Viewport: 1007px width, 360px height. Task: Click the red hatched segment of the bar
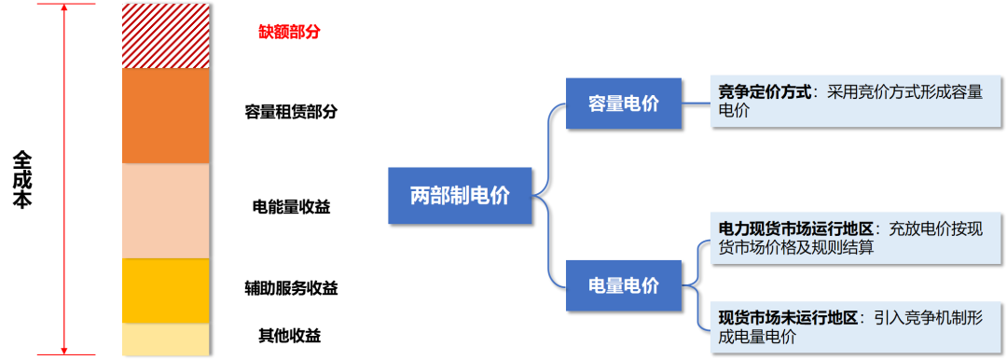click(x=165, y=36)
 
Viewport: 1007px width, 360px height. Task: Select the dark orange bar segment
click(x=165, y=116)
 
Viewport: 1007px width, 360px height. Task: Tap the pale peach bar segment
click(x=165, y=211)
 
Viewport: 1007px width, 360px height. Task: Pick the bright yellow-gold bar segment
click(x=165, y=290)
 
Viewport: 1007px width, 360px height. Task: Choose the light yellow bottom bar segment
click(x=165, y=339)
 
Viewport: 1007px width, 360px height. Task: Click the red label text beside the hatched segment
click(x=289, y=32)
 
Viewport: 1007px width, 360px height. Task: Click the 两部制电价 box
click(x=460, y=196)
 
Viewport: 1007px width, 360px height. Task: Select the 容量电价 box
click(x=623, y=103)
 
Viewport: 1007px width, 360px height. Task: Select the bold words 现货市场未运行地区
click(x=788, y=318)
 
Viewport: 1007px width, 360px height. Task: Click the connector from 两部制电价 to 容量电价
click(x=551, y=140)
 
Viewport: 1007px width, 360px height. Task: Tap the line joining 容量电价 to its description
click(x=696, y=103)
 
